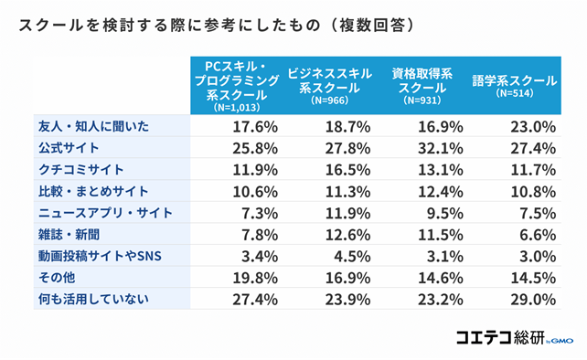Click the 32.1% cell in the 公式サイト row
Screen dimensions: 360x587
click(440, 147)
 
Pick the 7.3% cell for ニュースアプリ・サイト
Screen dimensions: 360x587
click(255, 212)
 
